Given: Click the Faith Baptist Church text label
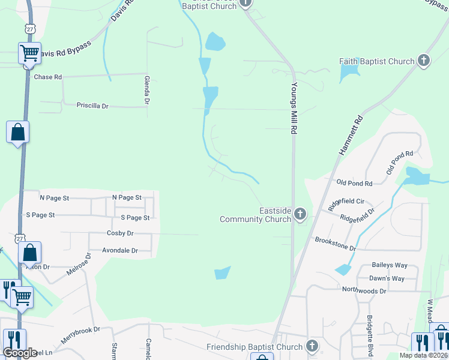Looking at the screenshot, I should tap(376, 61).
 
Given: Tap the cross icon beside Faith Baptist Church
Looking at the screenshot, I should tap(424, 61).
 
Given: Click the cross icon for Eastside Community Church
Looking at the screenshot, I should tap(300, 214).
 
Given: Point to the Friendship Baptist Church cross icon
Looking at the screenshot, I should tap(312, 346).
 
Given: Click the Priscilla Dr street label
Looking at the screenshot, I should tap(92, 106).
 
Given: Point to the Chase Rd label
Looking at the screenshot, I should tap(48, 77).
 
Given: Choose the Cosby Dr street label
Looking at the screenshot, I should tap(120, 233).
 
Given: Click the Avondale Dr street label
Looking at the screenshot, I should tap(120, 250).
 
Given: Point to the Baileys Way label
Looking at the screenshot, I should tap(390, 265).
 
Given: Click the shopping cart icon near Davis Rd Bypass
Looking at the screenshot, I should tap(29, 53).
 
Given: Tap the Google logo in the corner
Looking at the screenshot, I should tap(20, 352).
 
